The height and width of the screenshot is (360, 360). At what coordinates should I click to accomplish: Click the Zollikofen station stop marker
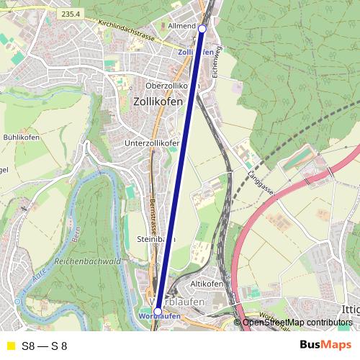point(202,28)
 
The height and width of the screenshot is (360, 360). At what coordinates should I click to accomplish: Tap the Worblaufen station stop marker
point(158,312)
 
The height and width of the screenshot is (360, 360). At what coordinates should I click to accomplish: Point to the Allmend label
point(181,25)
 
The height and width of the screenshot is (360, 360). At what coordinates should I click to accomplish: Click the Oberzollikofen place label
point(171,86)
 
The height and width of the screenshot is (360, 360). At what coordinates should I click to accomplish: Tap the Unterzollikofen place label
point(152,143)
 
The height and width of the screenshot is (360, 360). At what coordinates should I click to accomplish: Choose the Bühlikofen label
point(21,137)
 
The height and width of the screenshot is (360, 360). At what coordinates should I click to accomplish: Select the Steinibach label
point(153,238)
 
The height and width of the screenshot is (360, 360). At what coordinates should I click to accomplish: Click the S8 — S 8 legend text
point(45,346)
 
